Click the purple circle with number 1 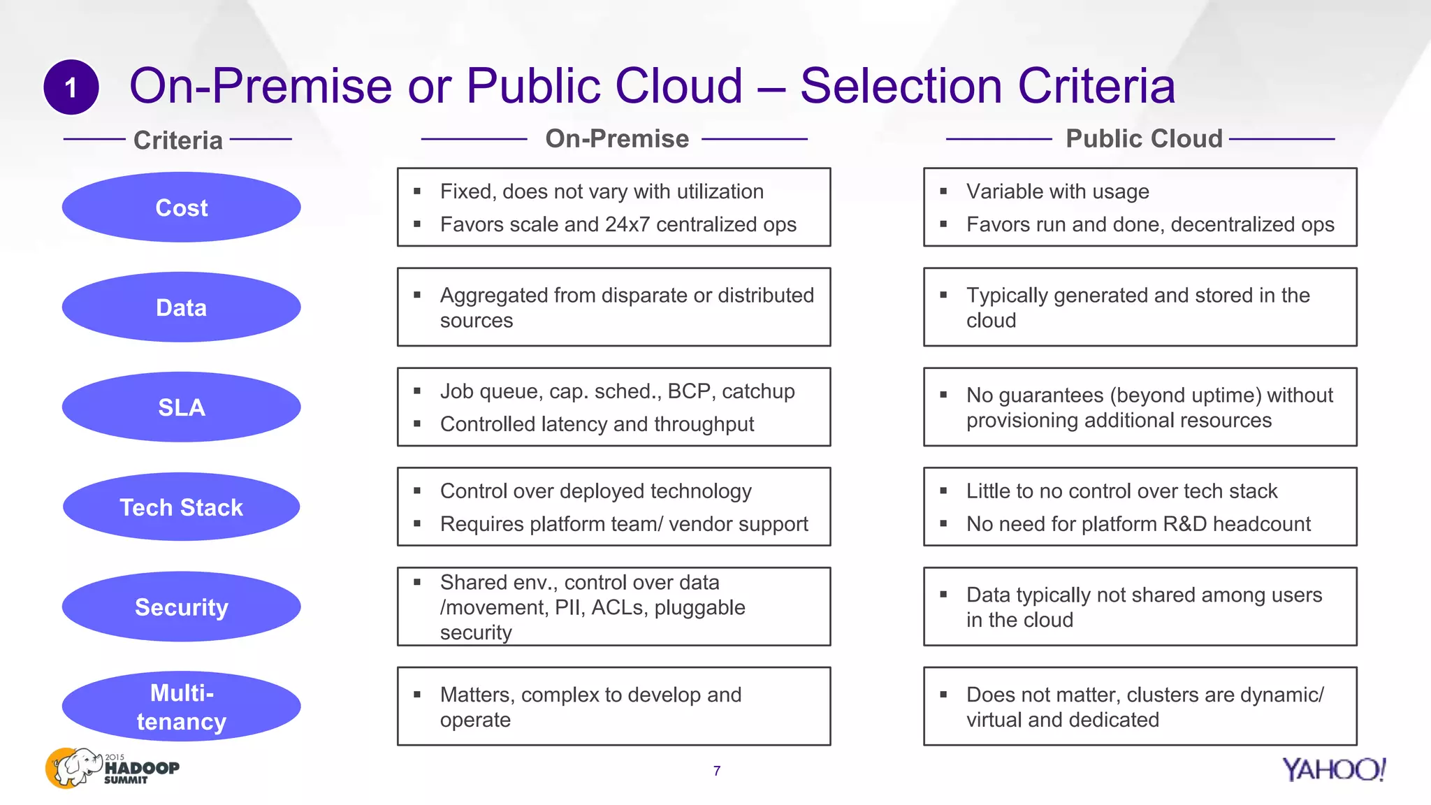tap(71, 87)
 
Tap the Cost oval tap(182, 208)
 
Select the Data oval tap(182, 307)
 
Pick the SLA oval tap(182, 407)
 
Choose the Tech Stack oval tap(182, 507)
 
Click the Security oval tap(182, 607)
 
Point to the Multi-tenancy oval tap(182, 707)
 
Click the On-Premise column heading tap(617, 139)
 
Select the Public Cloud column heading tap(1144, 139)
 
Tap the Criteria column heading tap(178, 140)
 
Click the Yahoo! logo tap(1334, 769)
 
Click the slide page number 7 tap(717, 771)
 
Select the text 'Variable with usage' tap(1057, 191)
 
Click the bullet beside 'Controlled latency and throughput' tap(417, 424)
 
